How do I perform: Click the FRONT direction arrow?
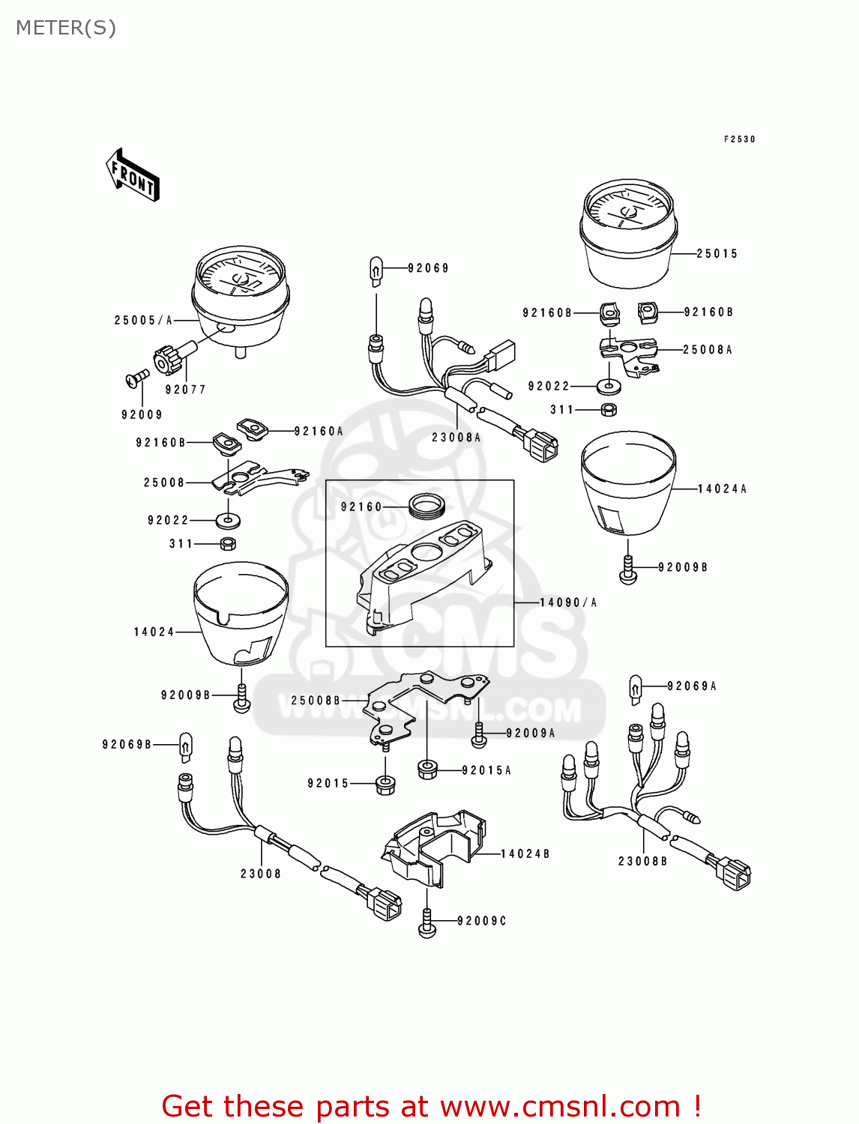[133, 175]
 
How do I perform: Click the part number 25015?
[717, 254]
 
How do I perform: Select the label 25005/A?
[143, 320]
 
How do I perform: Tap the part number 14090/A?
[568, 602]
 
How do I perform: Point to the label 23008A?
[456, 438]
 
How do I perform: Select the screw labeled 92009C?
[427, 922]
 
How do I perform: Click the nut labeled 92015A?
[427, 770]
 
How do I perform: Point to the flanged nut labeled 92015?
[385, 785]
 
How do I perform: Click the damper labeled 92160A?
[253, 429]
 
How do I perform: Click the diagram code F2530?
[739, 139]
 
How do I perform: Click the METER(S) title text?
[66, 28]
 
